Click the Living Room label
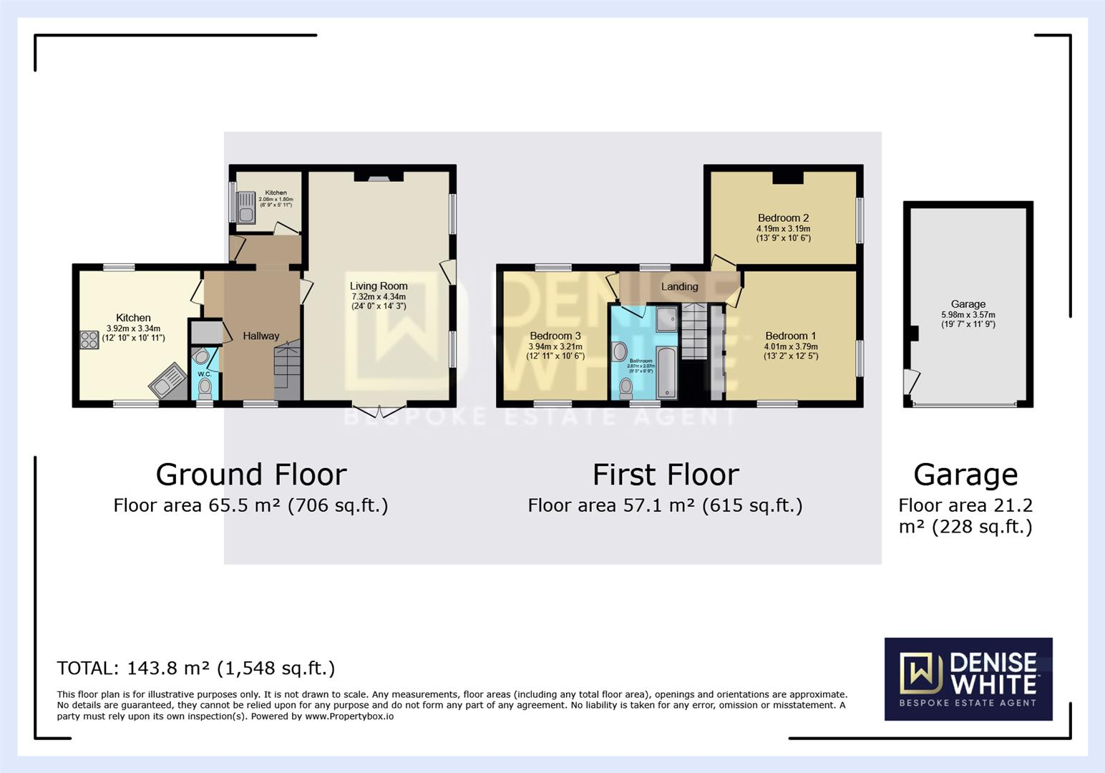379,286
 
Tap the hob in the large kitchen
89,339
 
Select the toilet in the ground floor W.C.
205,387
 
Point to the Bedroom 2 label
783,218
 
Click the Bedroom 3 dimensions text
555,351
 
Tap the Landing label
679,286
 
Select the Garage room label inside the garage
968,303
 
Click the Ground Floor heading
251,475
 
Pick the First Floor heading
666,475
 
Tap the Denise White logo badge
968,679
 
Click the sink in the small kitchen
246,207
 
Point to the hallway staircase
287,372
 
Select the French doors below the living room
379,411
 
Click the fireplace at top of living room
379,176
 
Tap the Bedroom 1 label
790,336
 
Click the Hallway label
261,336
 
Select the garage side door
910,380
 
